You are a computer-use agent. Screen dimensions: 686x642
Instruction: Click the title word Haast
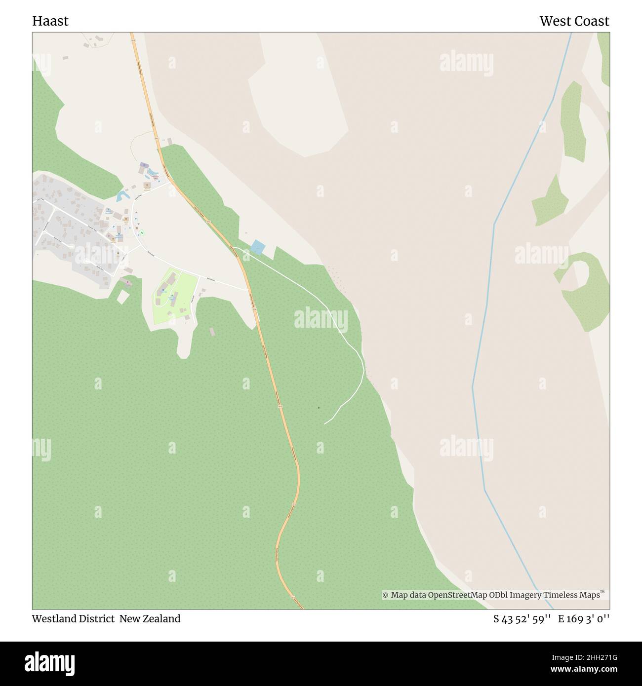(x=50, y=21)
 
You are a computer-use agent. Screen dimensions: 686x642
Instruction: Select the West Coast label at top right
(x=574, y=21)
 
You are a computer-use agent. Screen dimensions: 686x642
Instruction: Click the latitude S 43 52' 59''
(x=522, y=619)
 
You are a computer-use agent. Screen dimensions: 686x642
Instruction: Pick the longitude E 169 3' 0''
(x=584, y=619)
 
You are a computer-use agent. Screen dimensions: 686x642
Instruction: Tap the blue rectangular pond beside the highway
(x=257, y=247)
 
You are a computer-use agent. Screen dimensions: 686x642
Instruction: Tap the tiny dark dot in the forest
(x=319, y=408)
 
